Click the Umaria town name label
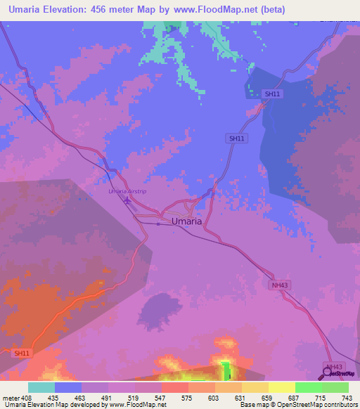pos(187,221)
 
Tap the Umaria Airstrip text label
pos(127,191)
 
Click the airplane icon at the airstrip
pos(127,202)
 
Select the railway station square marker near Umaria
pos(158,224)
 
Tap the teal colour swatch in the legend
pos(41,387)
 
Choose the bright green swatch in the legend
pos(308,387)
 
